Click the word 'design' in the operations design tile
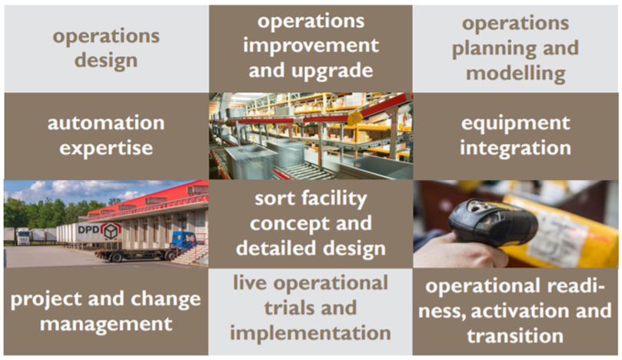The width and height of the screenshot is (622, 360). (x=106, y=62)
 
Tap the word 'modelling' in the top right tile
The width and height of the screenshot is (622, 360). (x=516, y=74)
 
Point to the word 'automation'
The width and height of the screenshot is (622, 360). (x=106, y=122)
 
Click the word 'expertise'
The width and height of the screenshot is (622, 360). (x=106, y=148)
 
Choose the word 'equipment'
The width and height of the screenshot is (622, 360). (x=515, y=124)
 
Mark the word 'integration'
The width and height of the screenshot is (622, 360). (x=515, y=148)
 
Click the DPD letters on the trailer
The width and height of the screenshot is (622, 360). (x=88, y=230)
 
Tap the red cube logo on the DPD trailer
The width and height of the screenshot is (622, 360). (x=111, y=231)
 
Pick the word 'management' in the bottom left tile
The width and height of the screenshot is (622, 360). (x=106, y=325)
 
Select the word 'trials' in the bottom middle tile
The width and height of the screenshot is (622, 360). (x=288, y=308)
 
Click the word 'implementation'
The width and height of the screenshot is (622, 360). (x=310, y=333)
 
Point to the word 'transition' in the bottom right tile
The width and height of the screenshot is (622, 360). (x=515, y=336)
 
